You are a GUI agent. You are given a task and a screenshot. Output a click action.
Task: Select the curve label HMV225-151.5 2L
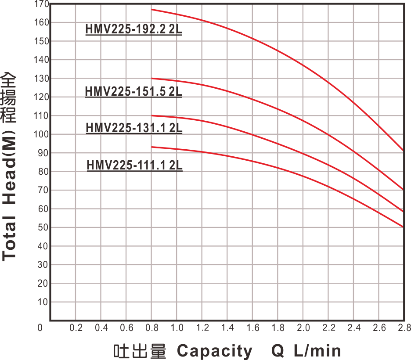pyautogui.click(x=133, y=92)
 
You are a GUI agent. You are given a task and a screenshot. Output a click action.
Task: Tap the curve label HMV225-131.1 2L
pyautogui.click(x=134, y=128)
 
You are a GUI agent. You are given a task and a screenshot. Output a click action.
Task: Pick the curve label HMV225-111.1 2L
pyautogui.click(x=134, y=166)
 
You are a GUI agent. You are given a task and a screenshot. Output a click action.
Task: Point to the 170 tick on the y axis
pyautogui.click(x=42, y=4)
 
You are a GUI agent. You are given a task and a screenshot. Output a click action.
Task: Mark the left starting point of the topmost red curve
pyautogui.click(x=152, y=9)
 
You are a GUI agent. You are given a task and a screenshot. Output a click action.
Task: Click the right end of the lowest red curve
pyautogui.click(x=403, y=227)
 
